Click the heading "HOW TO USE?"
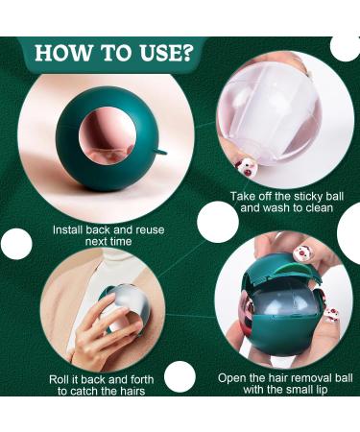coord(114,53)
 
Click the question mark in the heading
coord(186,53)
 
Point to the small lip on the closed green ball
coord(161,152)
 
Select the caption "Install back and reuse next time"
coord(108,235)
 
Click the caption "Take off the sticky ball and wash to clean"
coord(287,202)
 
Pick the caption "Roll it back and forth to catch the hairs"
coord(102,385)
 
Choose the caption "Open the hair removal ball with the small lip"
coord(285,383)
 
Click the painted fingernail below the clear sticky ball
coord(246,166)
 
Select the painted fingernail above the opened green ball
coord(302,252)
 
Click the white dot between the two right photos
coord(218,222)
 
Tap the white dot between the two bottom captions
coord(180,376)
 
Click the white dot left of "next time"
coord(16,244)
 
